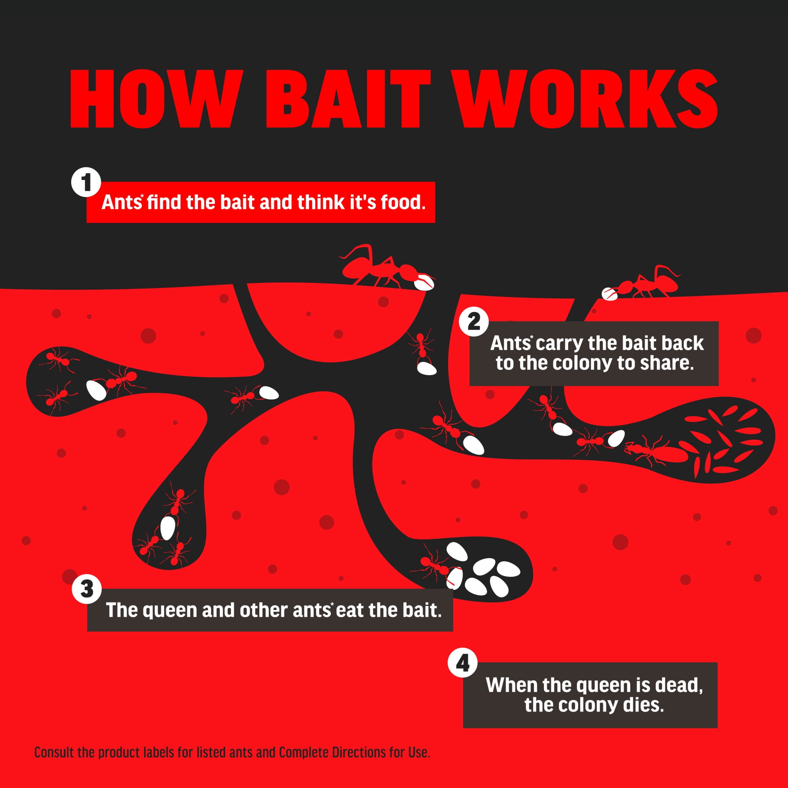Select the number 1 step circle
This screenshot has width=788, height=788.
(86, 182)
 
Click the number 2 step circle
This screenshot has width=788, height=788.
(474, 323)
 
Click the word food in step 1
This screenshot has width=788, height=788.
(403, 202)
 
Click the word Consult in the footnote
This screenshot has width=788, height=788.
(54, 752)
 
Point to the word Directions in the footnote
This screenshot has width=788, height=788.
(359, 752)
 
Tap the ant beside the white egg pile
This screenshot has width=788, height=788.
(435, 565)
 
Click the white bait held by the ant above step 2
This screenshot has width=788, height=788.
(610, 293)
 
